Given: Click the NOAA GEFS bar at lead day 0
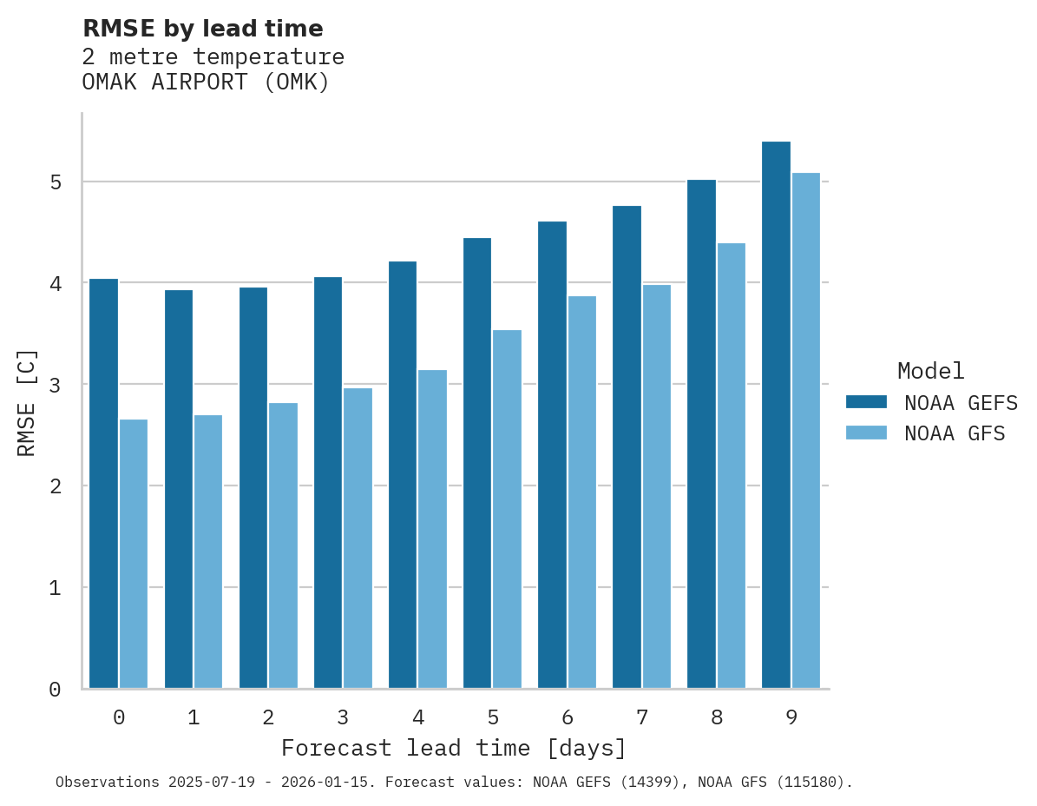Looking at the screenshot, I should [x=104, y=484].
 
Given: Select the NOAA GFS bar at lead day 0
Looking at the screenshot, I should [x=134, y=554].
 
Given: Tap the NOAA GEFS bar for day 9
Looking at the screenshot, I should [x=776, y=415].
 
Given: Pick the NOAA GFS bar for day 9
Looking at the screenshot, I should [x=805, y=431].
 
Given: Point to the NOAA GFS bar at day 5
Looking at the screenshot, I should [x=507, y=509].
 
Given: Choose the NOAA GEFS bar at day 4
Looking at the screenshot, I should [x=403, y=475].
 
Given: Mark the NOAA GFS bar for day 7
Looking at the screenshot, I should [x=656, y=486].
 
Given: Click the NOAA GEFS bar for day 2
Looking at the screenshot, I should [x=253, y=488].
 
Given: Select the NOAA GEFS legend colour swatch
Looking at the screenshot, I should [x=866, y=402].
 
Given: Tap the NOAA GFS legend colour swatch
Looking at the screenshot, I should [x=866, y=433].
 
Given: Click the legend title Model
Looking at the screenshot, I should [x=930, y=371].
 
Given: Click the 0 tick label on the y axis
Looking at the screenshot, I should [x=55, y=690].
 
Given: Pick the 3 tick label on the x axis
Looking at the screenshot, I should [x=343, y=717].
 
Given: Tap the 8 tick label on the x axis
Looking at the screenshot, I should [x=716, y=717].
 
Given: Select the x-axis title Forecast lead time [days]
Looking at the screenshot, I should [x=453, y=748].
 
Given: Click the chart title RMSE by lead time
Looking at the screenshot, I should [x=202, y=29].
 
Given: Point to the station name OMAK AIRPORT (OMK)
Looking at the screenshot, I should [x=206, y=83].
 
